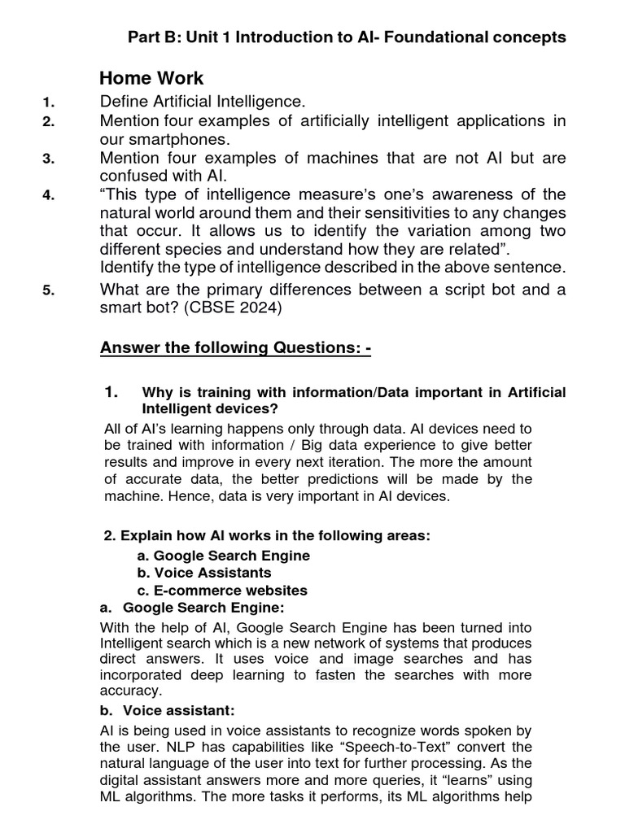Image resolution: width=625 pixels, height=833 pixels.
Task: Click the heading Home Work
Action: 151,79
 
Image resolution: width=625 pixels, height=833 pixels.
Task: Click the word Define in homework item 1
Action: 123,102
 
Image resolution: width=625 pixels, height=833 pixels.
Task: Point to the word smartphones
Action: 168,139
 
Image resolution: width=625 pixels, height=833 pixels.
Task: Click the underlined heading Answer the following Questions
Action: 235,348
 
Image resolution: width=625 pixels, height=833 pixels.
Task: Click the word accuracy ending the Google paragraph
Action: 130,691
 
